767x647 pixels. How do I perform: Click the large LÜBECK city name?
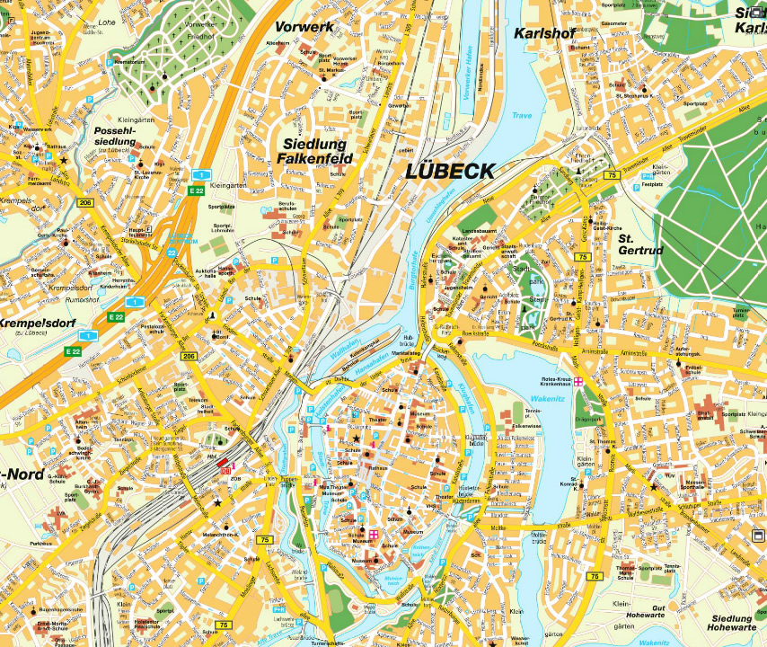[x=450, y=172]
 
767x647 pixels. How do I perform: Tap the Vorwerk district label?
[x=304, y=27]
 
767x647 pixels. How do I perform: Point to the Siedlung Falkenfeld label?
[x=318, y=152]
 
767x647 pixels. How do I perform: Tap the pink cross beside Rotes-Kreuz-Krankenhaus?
[x=579, y=381]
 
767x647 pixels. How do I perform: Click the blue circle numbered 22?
[x=172, y=254]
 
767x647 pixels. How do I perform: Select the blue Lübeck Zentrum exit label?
[x=183, y=238]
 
